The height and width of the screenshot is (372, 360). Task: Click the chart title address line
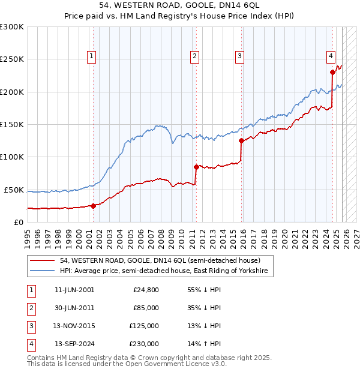click(x=180, y=6)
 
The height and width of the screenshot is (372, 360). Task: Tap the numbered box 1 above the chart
click(x=91, y=56)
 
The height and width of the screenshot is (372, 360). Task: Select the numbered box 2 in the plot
click(x=195, y=56)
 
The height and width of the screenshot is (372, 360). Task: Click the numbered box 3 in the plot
click(x=239, y=56)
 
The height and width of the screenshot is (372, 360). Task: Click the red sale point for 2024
click(x=332, y=73)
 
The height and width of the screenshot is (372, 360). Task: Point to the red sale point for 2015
click(x=241, y=141)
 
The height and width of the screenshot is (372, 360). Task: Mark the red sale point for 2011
click(x=196, y=167)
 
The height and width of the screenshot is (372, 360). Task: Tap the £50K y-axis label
click(x=14, y=190)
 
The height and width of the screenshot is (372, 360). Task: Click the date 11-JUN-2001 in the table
click(x=74, y=290)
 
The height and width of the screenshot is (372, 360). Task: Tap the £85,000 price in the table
click(x=146, y=308)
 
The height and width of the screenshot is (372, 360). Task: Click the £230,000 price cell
click(x=144, y=344)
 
